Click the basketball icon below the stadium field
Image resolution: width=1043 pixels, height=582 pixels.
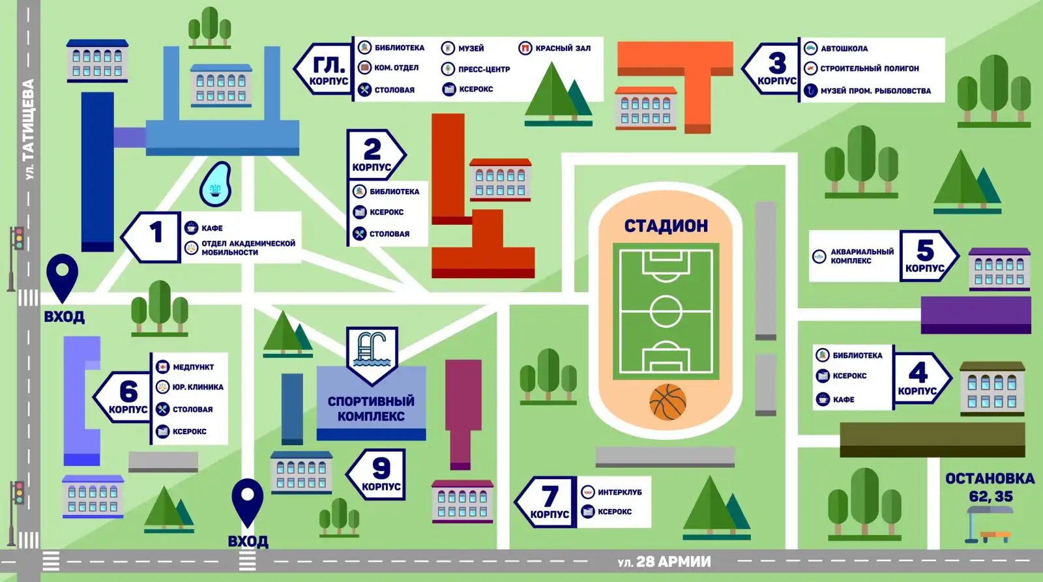click(x=668, y=401)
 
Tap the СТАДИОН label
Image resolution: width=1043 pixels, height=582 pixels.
click(x=666, y=226)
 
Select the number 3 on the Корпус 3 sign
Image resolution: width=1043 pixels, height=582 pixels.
click(x=777, y=63)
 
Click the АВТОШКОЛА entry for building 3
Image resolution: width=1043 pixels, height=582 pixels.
click(x=844, y=48)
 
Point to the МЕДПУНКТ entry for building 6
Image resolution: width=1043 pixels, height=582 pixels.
click(x=193, y=367)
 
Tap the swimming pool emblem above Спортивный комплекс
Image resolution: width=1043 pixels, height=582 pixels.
click(x=372, y=352)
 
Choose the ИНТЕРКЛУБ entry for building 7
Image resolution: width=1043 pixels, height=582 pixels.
click(x=619, y=492)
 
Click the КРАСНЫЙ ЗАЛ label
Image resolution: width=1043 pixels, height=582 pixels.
click(x=563, y=48)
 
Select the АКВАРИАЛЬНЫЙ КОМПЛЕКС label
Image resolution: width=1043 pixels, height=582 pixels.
click(x=862, y=256)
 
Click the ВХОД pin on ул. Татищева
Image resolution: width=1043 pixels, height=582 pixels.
click(x=63, y=276)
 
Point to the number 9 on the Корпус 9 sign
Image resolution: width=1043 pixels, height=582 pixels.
click(x=381, y=468)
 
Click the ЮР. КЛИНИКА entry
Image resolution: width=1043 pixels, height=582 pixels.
click(x=198, y=387)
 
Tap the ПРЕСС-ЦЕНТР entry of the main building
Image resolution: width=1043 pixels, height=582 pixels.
click(x=484, y=69)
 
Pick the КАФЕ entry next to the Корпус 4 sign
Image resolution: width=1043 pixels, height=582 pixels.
click(x=844, y=400)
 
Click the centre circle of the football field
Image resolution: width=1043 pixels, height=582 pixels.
click(x=666, y=311)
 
